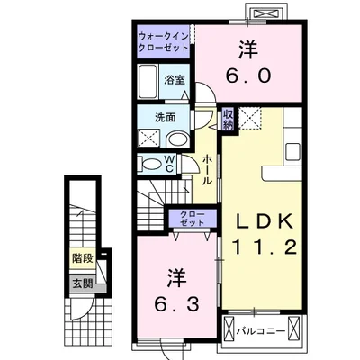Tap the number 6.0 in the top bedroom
tap(250, 76)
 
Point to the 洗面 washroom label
tap(152, 118)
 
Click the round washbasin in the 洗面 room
tap(179, 139)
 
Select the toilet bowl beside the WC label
tap(151, 165)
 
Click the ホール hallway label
tap(207, 169)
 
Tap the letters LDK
tap(260, 221)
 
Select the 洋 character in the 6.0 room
tap(249, 49)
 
